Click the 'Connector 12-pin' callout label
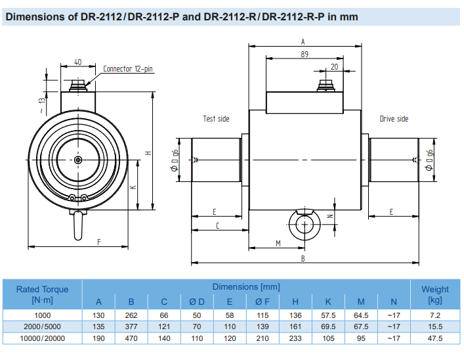click(x=129, y=69)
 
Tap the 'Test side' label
click(x=216, y=119)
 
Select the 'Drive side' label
click(x=394, y=119)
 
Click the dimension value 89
click(x=304, y=55)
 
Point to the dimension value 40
click(x=77, y=62)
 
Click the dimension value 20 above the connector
click(x=335, y=66)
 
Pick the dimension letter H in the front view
click(x=148, y=152)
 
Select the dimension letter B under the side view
click(x=303, y=259)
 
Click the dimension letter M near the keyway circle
click(x=278, y=243)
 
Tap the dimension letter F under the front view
click(x=99, y=242)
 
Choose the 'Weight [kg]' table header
click(x=434, y=294)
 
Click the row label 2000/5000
click(x=42, y=326)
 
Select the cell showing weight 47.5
click(x=434, y=338)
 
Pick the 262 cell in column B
click(x=131, y=315)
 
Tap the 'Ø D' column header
click(x=197, y=302)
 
